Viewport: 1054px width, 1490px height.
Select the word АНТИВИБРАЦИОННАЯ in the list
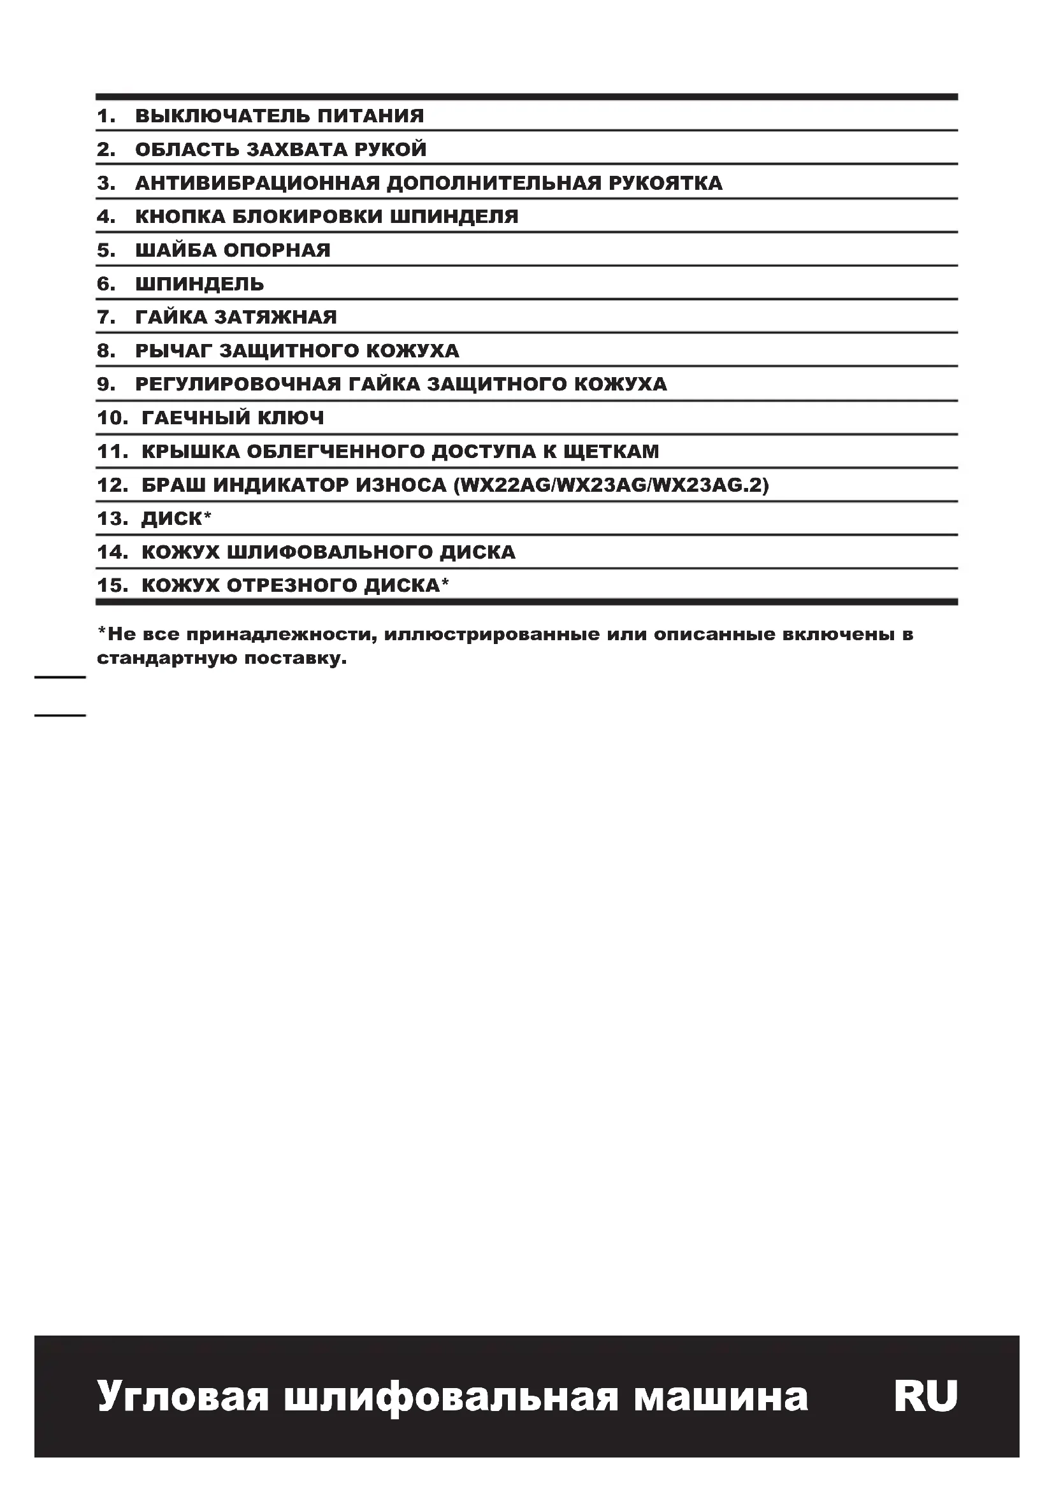(257, 183)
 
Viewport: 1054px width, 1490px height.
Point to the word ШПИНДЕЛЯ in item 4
(454, 217)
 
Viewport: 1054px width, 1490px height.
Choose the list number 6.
(106, 284)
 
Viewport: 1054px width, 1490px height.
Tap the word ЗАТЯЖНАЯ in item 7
(276, 317)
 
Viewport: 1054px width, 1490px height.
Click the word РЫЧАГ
(173, 351)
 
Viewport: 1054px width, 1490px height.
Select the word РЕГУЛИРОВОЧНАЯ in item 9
(238, 384)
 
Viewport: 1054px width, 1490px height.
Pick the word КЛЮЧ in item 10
(291, 418)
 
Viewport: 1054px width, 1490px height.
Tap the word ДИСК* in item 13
(177, 519)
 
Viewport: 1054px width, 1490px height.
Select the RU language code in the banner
(925, 1396)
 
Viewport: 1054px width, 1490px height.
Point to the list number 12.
(112, 485)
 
